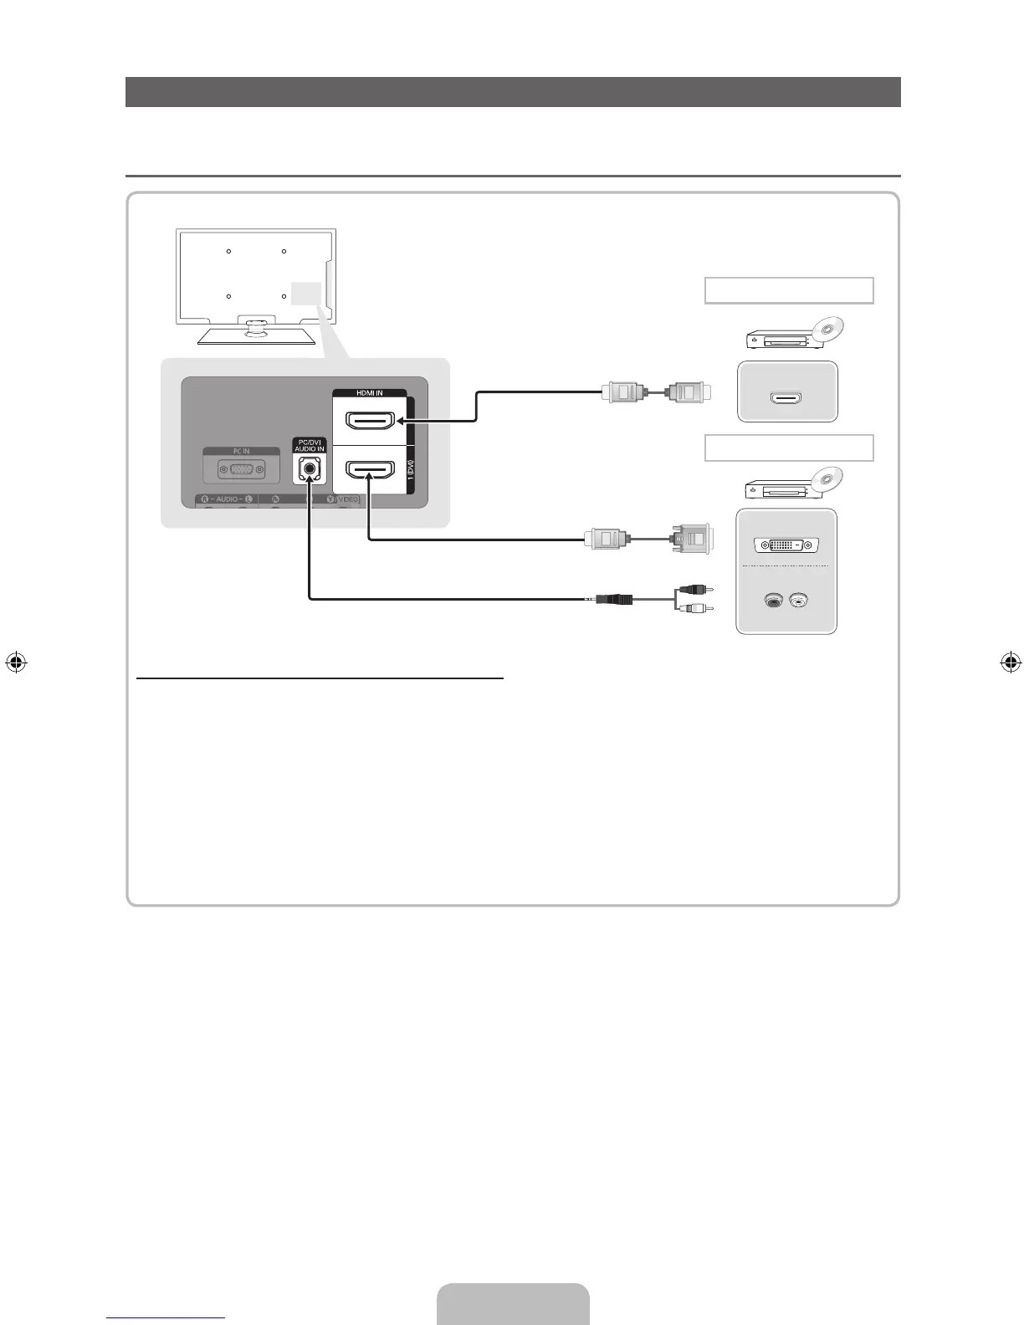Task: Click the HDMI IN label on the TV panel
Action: pos(370,393)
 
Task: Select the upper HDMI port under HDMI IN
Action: pos(370,421)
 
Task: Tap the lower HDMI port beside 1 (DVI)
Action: pos(370,474)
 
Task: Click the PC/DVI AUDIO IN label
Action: pos(310,446)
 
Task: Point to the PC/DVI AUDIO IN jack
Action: pos(310,469)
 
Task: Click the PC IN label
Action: pos(241,452)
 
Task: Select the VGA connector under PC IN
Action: pos(241,471)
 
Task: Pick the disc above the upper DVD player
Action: pos(828,329)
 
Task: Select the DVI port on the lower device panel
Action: pos(786,545)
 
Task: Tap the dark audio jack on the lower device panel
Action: pos(774,600)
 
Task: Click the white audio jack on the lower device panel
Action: pos(799,600)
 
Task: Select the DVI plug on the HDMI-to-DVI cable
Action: pos(691,539)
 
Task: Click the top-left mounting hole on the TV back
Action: pos(228,251)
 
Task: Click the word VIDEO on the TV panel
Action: pos(348,499)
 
